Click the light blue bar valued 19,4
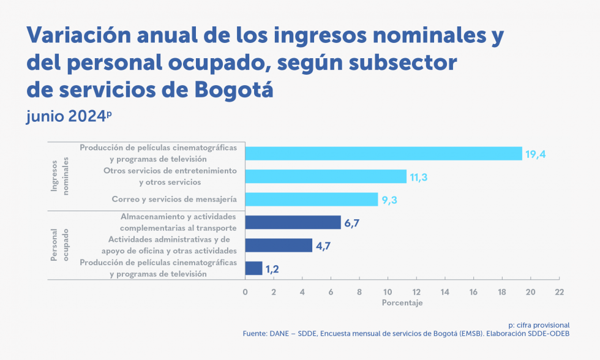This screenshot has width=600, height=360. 383,154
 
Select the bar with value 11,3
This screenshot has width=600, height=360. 326,176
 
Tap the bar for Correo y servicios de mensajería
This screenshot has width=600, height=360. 311,199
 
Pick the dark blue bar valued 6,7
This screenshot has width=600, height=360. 293,222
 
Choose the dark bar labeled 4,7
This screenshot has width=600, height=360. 279,246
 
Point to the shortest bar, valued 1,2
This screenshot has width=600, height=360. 253,268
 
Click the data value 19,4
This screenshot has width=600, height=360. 535,154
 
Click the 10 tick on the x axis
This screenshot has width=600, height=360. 388,291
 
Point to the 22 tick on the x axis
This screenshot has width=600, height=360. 558,291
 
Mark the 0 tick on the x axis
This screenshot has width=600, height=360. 245,291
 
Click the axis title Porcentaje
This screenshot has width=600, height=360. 402,303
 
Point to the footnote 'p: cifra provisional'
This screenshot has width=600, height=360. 539,324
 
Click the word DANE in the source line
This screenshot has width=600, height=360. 280,334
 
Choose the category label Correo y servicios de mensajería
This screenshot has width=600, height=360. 174,199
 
